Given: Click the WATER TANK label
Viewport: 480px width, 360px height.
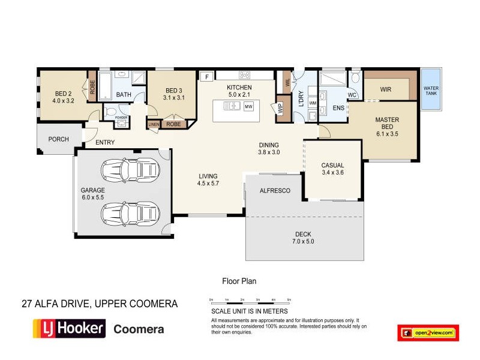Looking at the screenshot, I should tap(431, 91).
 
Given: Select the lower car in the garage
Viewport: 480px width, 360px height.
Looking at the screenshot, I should tap(130, 212).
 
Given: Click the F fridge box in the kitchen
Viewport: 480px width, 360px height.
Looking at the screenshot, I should tap(207, 76).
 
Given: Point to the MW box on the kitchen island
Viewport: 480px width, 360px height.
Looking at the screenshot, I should tap(249, 106).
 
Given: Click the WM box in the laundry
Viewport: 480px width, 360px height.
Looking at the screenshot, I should tap(312, 103).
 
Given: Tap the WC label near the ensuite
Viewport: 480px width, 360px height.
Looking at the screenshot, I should tap(352, 95).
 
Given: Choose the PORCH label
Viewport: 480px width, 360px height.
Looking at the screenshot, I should tap(59, 139).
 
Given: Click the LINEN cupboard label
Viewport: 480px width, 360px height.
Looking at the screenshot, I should tap(154, 124).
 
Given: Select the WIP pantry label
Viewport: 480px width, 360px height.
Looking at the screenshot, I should tap(280, 109).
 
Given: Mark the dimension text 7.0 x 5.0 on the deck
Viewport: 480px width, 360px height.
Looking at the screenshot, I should tap(304, 242).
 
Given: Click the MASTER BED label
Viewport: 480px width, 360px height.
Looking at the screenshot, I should tap(387, 123).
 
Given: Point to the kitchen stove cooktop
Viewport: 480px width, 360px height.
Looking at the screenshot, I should tap(245, 75).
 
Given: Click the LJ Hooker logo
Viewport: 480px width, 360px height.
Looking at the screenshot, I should tap(69, 329).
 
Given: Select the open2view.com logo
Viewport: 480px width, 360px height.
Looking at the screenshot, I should tap(428, 332).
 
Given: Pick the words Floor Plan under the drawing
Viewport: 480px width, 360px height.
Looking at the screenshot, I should tap(239, 280).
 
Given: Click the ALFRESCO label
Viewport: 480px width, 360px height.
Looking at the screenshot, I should tap(275, 191).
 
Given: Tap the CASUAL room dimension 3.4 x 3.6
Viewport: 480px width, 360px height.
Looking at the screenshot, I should tap(332, 173).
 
